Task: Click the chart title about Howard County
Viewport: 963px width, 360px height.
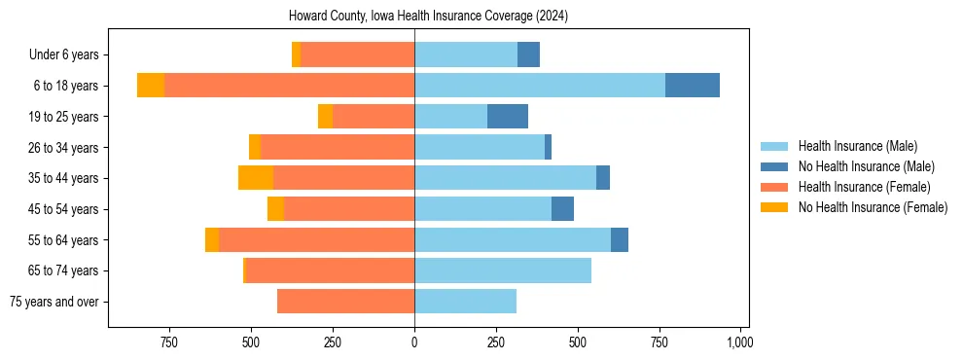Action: pos(429,17)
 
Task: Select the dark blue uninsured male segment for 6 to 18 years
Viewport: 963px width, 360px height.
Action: pos(693,86)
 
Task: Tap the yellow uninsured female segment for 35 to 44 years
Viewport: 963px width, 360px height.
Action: pos(256,178)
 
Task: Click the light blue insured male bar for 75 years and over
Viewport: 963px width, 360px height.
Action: pos(465,302)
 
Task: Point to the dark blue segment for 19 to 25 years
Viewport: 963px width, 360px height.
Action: pos(508,117)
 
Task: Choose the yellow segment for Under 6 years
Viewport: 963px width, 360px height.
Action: pos(296,54)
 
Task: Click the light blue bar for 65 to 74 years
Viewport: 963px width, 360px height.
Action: pos(503,270)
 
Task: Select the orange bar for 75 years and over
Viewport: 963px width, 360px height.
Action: pos(345,302)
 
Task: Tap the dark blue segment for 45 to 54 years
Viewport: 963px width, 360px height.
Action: pos(562,209)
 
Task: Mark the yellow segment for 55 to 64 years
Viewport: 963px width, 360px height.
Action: pos(212,240)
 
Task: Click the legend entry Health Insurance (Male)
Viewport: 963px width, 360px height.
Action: pos(857,146)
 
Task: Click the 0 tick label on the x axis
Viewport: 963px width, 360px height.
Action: pos(414,342)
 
